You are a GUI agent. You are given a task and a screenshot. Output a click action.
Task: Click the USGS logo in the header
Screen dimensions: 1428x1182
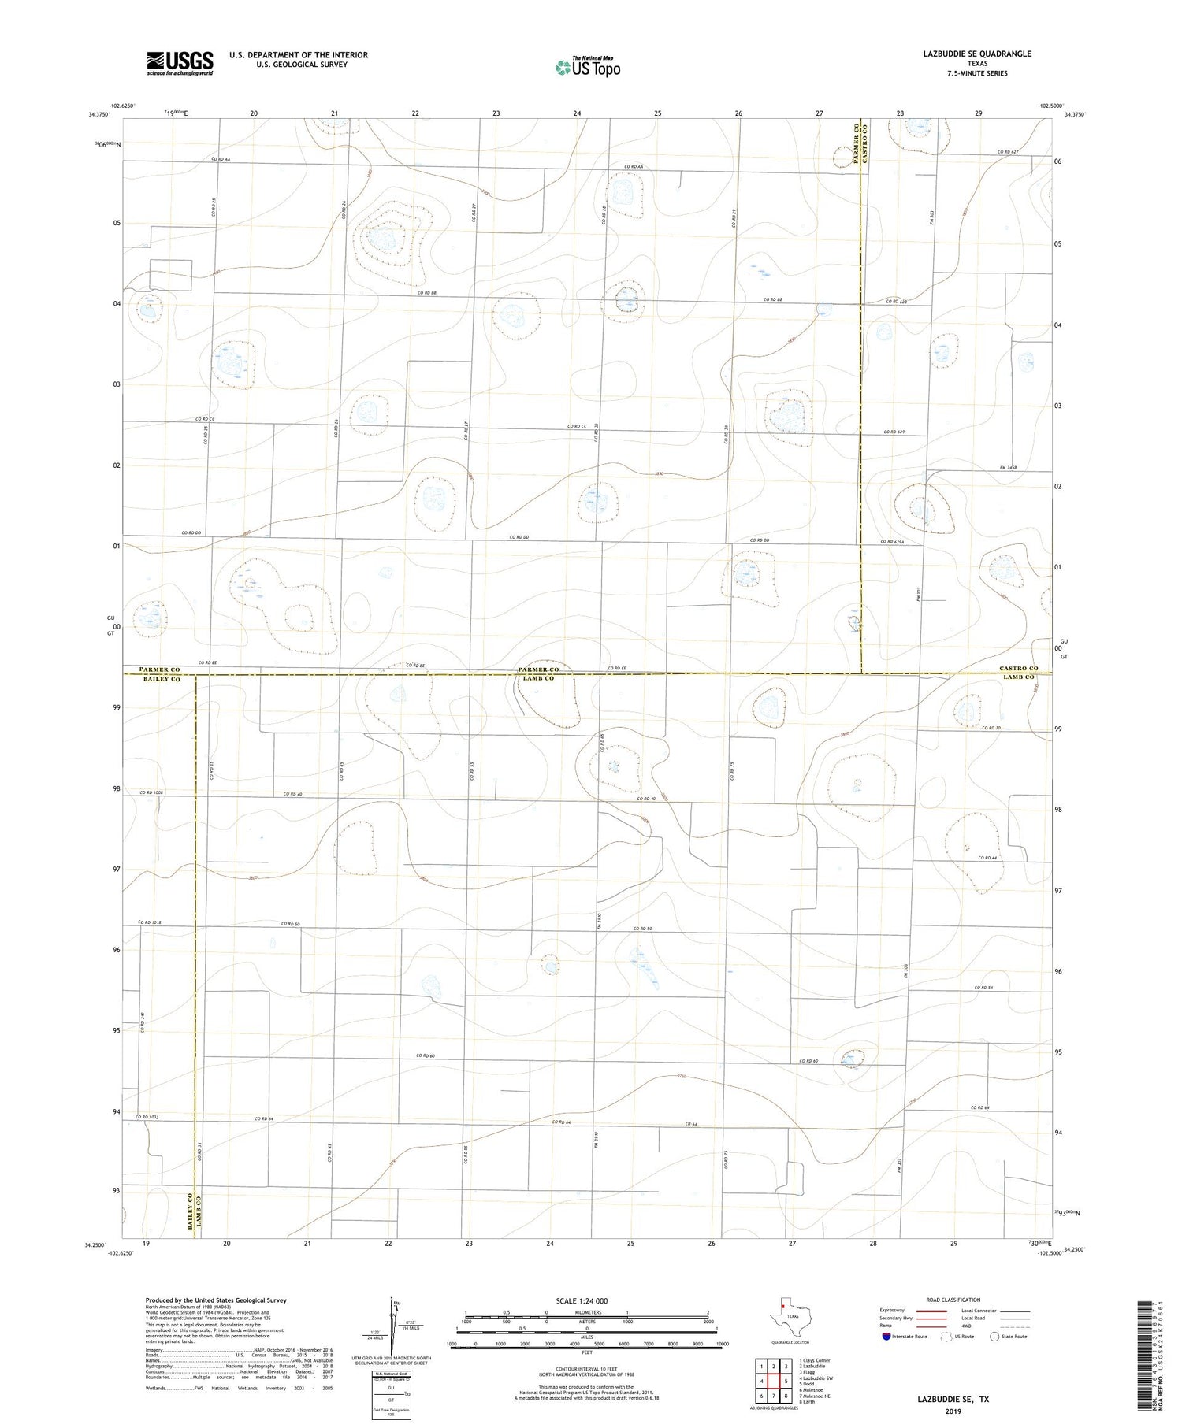pyautogui.click(x=180, y=63)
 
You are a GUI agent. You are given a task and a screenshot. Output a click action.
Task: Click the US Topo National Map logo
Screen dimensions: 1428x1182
pyautogui.click(x=587, y=67)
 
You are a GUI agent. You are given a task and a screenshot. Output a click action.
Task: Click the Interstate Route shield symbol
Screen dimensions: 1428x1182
pyautogui.click(x=887, y=1336)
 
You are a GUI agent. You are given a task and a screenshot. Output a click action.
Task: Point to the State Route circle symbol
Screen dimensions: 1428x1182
pyautogui.click(x=994, y=1336)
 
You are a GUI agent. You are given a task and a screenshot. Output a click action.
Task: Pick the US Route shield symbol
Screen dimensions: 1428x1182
pyautogui.click(x=947, y=1336)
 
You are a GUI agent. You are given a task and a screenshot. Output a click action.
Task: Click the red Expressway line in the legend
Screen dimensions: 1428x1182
pyautogui.click(x=931, y=1311)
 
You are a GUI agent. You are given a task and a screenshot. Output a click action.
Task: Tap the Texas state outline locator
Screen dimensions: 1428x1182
pyautogui.click(x=788, y=1315)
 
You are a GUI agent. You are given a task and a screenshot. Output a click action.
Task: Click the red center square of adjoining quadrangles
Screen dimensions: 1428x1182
pyautogui.click(x=774, y=1381)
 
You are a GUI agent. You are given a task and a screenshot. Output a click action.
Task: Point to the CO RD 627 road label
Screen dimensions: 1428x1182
pyautogui.click(x=1008, y=152)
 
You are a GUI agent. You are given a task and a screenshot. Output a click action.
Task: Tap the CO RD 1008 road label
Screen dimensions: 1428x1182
pyautogui.click(x=151, y=792)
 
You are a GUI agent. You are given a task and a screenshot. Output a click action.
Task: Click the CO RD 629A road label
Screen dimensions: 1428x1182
pyautogui.click(x=893, y=541)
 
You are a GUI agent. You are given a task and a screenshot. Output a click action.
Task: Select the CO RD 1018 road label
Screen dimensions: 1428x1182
pyautogui.click(x=150, y=922)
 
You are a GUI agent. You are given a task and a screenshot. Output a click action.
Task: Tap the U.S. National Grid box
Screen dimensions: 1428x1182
pyautogui.click(x=391, y=1396)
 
